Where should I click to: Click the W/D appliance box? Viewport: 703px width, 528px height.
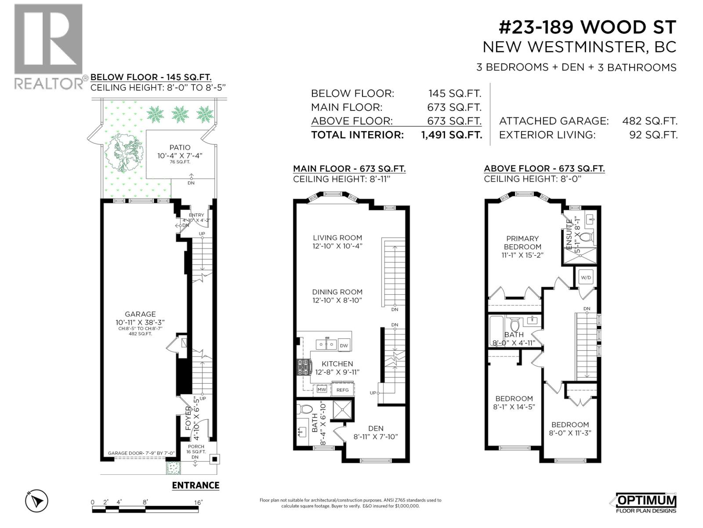[x=586, y=278]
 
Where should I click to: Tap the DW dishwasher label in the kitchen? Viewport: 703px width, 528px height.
[x=344, y=345]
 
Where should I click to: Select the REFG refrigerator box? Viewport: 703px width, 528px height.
[x=343, y=390]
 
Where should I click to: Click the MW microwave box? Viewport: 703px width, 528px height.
[x=322, y=390]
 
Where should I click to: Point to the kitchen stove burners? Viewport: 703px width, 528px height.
[x=303, y=367]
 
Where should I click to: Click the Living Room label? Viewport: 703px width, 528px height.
[x=337, y=238]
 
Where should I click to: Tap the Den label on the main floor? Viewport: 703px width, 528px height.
[x=376, y=428]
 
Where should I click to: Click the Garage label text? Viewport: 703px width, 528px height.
[x=140, y=314]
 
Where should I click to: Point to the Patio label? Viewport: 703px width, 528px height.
[x=180, y=147]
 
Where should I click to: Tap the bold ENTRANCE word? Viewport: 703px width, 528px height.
[x=196, y=485]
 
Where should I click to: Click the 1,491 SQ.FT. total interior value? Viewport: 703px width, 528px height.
[x=451, y=135]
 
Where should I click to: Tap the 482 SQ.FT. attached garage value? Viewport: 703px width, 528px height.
[x=649, y=121]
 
